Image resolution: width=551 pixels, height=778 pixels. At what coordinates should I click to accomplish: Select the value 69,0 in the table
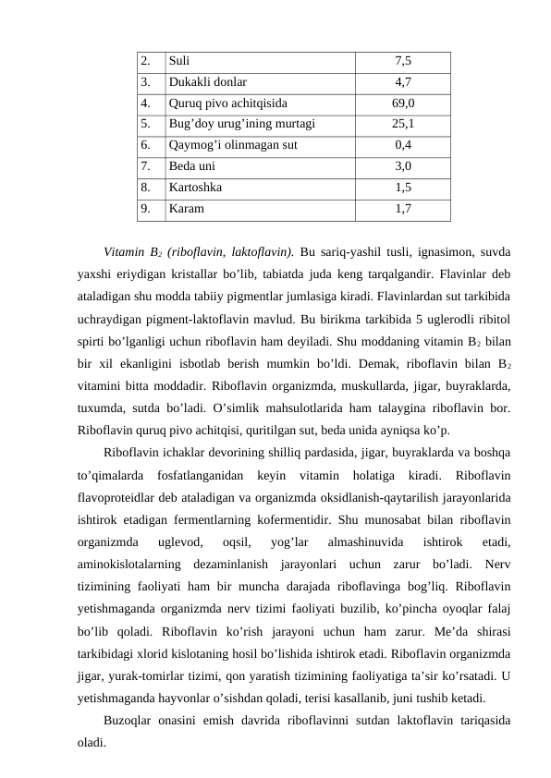[402, 102]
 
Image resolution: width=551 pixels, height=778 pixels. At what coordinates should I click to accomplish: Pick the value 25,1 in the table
[402, 122]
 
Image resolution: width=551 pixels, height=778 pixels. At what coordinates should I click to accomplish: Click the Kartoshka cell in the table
[195, 188]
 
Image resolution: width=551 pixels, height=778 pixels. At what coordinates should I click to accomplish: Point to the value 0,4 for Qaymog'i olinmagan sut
[402, 144]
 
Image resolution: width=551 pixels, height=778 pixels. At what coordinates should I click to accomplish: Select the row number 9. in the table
[146, 209]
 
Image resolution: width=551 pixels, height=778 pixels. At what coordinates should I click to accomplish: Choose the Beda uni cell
[191, 166]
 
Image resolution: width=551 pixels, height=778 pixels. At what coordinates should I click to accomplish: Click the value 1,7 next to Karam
[402, 209]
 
